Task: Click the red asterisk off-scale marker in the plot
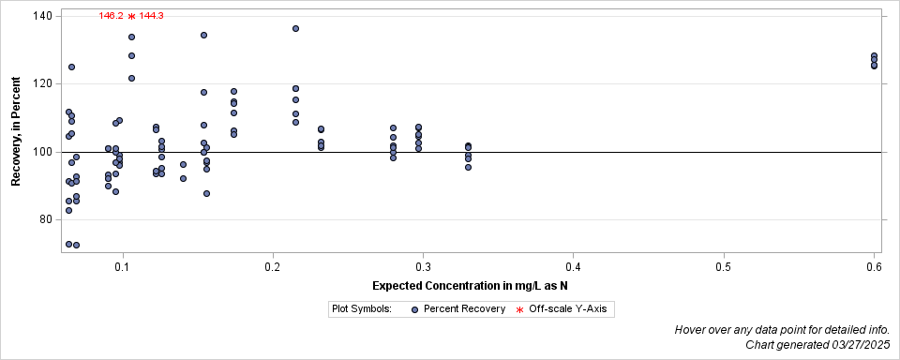(131, 16)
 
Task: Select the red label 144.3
(152, 16)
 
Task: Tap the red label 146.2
(111, 16)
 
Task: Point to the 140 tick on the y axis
(44, 16)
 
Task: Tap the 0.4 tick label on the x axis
(573, 268)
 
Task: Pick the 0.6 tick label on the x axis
(874, 268)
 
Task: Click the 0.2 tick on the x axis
(273, 268)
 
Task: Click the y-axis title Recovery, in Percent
(16, 132)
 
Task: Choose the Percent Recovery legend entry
(457, 308)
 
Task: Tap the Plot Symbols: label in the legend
(361, 308)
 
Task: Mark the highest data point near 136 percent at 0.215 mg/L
(295, 29)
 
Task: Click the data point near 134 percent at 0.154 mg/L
(203, 36)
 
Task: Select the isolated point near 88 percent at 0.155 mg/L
(206, 193)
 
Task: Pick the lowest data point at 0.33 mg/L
(468, 167)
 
